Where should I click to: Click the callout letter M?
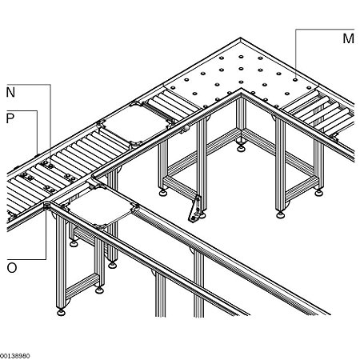tap(347, 38)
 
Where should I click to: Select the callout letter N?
tap(10, 92)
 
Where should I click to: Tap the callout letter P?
tap(10, 118)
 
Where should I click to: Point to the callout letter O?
tap(11, 267)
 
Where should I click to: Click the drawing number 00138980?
tap(15, 355)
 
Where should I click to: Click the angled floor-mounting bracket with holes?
tap(193, 210)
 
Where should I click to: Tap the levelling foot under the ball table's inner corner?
tap(241, 149)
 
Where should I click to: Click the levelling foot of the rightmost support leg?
tap(322, 191)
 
